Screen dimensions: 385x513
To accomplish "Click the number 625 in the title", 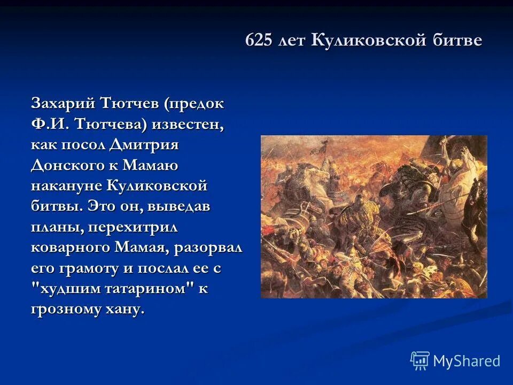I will pyautogui.click(x=259, y=41).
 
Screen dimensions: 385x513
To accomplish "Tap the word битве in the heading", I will pyautogui.click(x=456, y=41).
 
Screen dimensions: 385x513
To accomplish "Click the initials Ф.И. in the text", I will pyautogui.click(x=50, y=125).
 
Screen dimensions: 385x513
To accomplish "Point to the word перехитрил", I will pyautogui.click(x=133, y=228).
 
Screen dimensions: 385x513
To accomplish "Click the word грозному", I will pyautogui.click(x=65, y=310).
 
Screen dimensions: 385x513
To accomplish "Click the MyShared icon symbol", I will pyautogui.click(x=420, y=361).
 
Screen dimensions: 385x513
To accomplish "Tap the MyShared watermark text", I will pyautogui.click(x=467, y=361).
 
